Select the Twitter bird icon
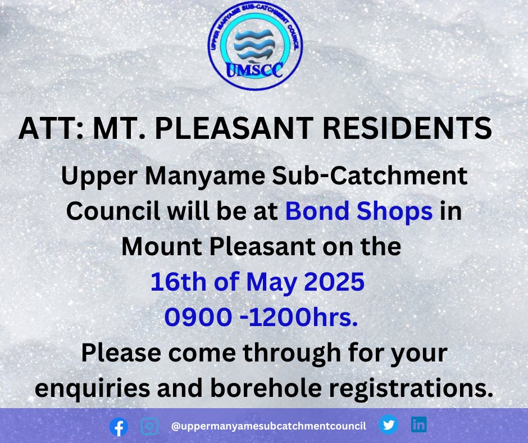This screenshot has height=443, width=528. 388,425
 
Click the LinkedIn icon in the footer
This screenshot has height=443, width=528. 419,425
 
